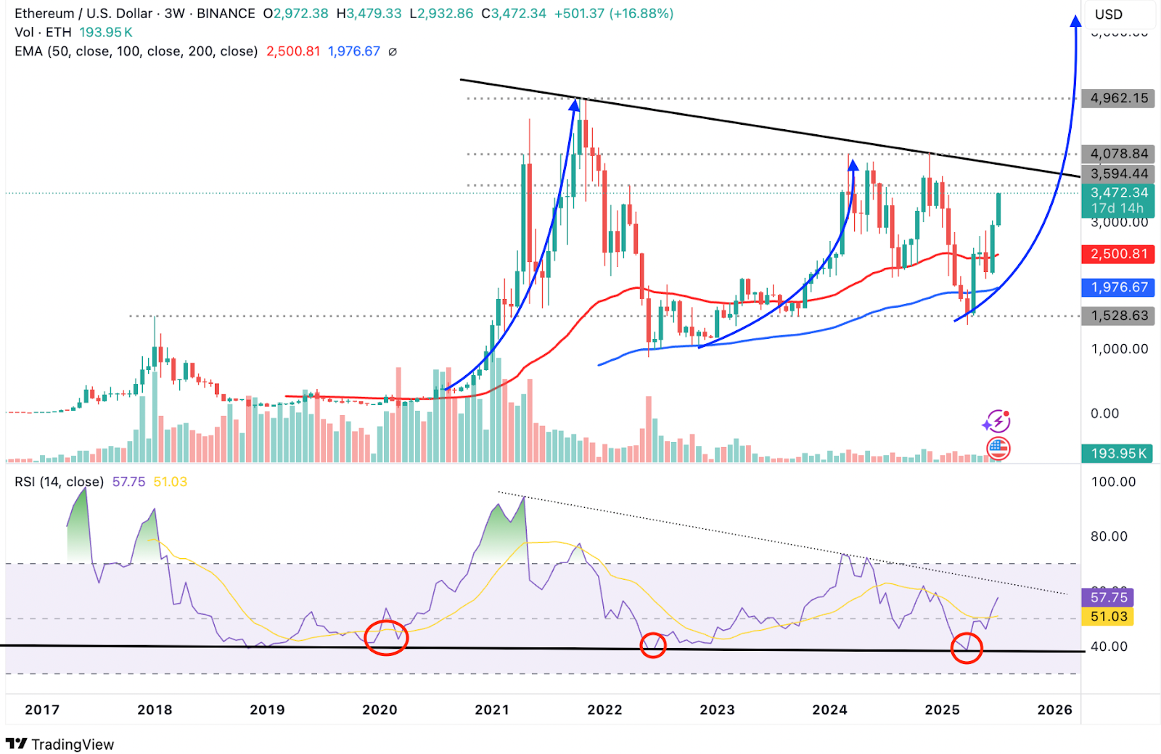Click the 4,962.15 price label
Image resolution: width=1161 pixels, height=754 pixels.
[1118, 98]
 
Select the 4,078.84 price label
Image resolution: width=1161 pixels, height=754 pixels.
[1118, 154]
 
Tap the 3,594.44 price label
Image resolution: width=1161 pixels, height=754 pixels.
[1118, 173]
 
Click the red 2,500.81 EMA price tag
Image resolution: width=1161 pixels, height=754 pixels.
[1118, 254]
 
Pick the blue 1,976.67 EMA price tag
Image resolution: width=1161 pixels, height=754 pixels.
[1118, 287]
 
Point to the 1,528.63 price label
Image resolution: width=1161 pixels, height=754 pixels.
[1118, 316]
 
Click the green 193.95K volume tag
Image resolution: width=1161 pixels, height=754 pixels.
[1118, 454]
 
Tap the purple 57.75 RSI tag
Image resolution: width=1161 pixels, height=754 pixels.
[1108, 597]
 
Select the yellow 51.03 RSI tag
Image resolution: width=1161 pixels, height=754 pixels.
[1108, 616]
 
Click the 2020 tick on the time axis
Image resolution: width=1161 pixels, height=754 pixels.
[380, 710]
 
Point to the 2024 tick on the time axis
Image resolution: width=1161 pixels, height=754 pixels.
[829, 710]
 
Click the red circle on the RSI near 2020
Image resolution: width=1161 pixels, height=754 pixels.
[386, 638]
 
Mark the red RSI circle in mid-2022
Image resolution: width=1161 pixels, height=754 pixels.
[653, 644]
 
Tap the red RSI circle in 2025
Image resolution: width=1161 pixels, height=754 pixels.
[967, 648]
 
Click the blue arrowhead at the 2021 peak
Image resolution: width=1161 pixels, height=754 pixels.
[575, 106]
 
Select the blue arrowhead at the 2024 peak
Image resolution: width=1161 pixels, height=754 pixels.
[854, 165]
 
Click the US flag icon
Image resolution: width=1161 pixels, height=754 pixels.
[998, 448]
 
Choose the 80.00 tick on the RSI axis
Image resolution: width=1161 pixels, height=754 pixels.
[1109, 536]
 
